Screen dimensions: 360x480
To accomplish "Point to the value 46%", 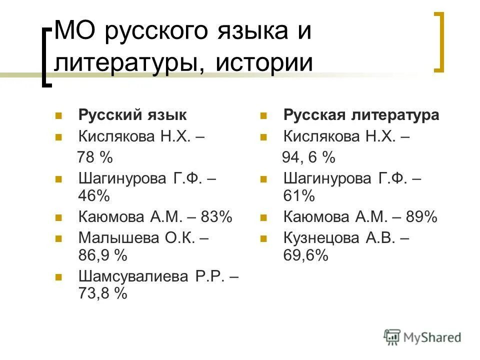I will click(93, 195).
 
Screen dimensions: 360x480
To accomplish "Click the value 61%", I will click(299, 195).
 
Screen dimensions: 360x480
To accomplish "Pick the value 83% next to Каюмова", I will click(216, 217).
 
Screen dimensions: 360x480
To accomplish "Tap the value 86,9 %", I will click(102, 255).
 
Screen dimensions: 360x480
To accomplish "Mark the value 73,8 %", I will click(102, 293).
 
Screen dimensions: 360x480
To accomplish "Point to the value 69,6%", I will click(306, 255).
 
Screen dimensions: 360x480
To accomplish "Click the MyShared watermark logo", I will click(423, 336).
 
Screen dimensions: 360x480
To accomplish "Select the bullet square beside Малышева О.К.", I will click(58, 238).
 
